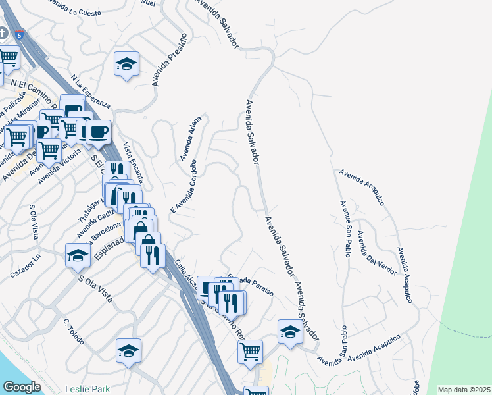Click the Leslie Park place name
87,389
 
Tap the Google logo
22,386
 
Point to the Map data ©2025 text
463,390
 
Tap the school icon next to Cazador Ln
78,255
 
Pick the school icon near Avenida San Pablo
289,332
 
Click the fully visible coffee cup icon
98,132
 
